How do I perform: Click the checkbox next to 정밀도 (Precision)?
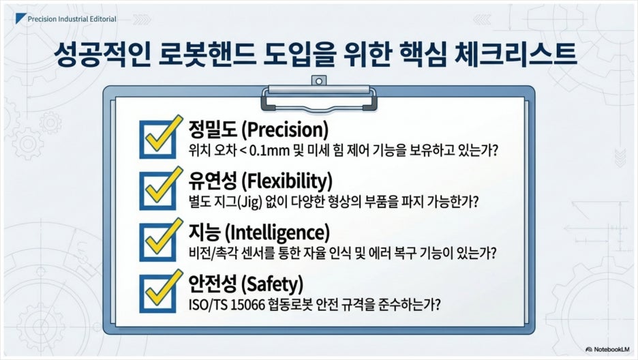158,139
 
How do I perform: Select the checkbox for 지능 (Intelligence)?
158,241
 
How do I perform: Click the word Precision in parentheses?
285,130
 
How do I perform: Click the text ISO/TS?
208,305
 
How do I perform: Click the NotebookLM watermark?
607,349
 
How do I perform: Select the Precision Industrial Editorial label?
72,19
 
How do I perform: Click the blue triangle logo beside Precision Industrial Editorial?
20,18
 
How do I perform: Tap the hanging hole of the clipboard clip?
319,81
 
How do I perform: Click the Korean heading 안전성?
212,284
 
